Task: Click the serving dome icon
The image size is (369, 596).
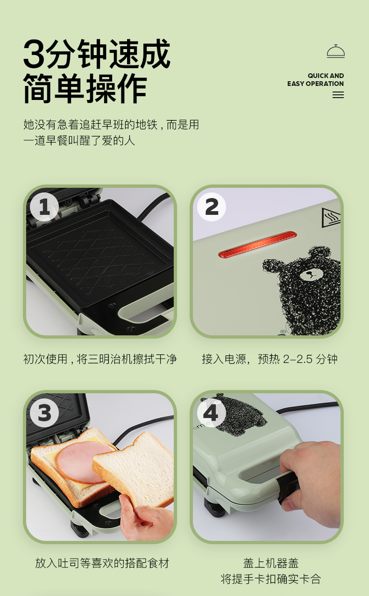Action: [336, 51]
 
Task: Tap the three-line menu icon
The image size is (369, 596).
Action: [338, 95]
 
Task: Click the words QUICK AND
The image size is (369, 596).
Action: [326, 76]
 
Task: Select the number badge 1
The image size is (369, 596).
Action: [44, 207]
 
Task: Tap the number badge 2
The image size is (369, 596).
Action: [212, 207]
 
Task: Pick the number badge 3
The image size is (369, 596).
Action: [44, 413]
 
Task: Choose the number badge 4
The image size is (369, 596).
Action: [212, 413]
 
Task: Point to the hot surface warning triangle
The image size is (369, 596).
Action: [331, 217]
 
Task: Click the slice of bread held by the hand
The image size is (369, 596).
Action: [133, 469]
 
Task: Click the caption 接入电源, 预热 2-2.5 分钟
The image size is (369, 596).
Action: [270, 359]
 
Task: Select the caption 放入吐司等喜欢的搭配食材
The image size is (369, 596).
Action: [102, 563]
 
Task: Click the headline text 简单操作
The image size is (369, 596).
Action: [85, 88]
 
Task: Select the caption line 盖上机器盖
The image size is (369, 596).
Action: [271, 563]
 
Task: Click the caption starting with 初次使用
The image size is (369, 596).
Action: [100, 359]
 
